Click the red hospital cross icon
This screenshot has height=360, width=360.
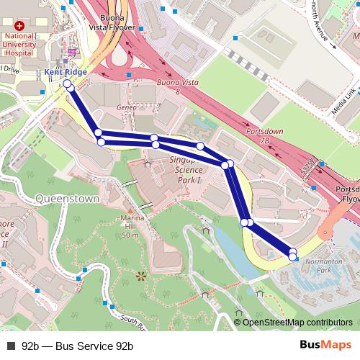click(x=19, y=25)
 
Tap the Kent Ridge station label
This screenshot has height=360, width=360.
click(x=66, y=72)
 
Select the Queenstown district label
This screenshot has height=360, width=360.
click(x=66, y=198)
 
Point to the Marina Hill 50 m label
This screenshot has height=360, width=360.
click(x=130, y=226)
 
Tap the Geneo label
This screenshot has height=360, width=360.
click(x=126, y=107)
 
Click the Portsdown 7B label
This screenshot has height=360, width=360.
click(x=264, y=135)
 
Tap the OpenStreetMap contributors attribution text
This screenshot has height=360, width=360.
click(x=297, y=322)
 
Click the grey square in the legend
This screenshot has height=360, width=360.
click(x=10, y=345)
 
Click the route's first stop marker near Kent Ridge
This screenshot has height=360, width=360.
click(x=67, y=84)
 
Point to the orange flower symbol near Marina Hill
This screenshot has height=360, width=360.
click(x=140, y=275)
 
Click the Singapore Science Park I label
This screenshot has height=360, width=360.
click(x=189, y=169)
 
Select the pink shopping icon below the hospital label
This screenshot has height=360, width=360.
click(x=72, y=52)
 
